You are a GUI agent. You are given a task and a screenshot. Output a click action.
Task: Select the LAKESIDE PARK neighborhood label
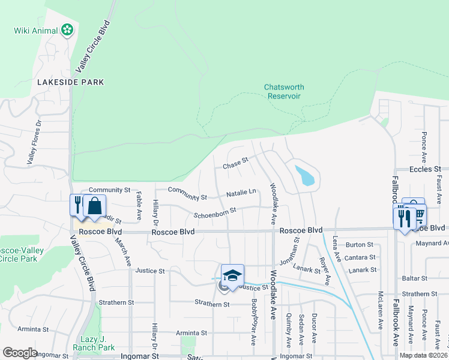(70, 82)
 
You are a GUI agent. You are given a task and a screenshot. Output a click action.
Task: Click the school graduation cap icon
(232, 275)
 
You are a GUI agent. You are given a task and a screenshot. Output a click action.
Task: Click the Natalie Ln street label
(241, 193)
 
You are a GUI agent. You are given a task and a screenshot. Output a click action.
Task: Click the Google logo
(20, 353)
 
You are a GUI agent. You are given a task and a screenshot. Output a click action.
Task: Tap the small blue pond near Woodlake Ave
(304, 175)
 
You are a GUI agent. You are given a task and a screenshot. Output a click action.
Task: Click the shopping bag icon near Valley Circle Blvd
(95, 205)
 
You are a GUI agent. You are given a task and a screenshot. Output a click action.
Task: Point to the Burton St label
(360, 245)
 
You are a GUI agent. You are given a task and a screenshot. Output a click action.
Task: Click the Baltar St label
(415, 279)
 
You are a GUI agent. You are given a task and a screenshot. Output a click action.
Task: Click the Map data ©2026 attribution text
(423, 355)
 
